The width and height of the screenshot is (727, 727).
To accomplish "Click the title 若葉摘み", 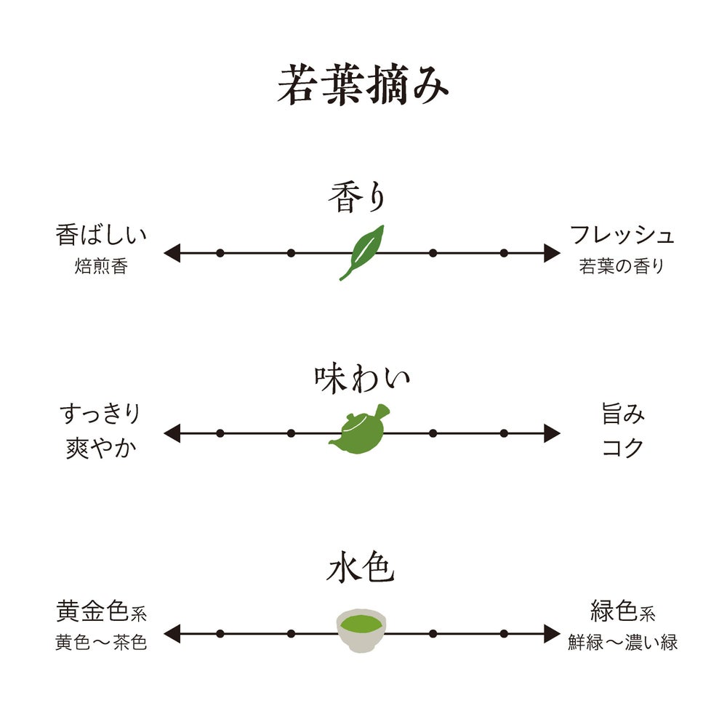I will (x=363, y=87).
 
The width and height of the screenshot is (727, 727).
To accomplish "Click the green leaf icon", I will (x=362, y=252).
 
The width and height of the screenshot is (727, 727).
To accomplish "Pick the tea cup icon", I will (x=361, y=630).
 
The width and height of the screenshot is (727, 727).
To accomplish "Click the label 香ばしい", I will (x=101, y=236).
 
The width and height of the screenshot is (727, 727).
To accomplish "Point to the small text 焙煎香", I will (x=101, y=266).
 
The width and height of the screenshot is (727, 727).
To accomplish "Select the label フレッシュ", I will (x=622, y=236).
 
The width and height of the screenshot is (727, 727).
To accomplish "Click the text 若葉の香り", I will (x=622, y=266).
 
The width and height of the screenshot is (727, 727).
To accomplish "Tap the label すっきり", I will (x=100, y=416).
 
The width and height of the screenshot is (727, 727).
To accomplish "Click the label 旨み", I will (x=623, y=416).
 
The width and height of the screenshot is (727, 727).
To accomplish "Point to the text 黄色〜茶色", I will (x=101, y=643).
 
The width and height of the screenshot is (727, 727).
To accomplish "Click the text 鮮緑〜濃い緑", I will (x=622, y=643).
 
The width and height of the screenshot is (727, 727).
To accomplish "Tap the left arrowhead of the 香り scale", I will (x=172, y=253).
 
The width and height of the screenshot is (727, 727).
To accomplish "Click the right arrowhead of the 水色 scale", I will (x=552, y=633).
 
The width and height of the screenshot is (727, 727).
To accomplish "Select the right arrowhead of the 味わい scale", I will (x=552, y=434).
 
